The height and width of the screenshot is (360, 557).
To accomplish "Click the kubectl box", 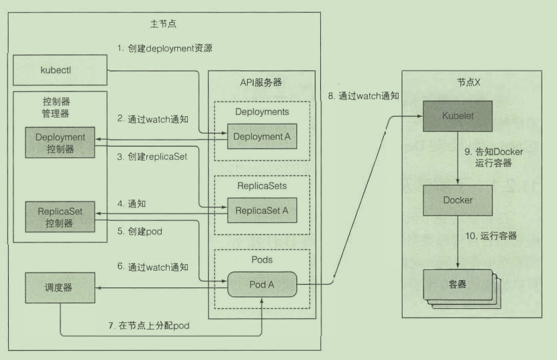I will (60, 69).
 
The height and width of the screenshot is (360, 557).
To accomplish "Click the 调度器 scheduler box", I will (60, 287).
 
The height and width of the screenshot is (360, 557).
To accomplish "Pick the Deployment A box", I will (261, 137).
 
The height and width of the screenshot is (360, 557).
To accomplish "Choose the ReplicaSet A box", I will (261, 211).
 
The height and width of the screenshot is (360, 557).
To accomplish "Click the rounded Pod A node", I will (261, 284).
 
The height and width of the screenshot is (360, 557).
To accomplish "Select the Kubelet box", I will (458, 116).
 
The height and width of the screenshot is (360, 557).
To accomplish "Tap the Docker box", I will (458, 199).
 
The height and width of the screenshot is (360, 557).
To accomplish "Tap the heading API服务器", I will (261, 82).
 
